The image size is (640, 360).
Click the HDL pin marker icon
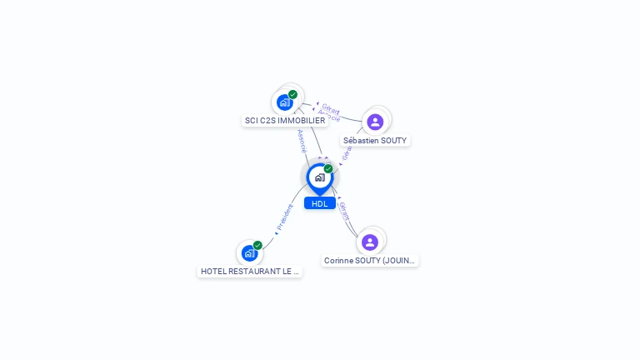(319, 177)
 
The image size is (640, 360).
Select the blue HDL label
(320, 203)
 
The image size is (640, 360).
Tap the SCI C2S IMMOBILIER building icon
(285, 102)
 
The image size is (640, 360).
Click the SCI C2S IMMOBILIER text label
(284, 121)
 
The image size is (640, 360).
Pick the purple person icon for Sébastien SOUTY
(375, 122)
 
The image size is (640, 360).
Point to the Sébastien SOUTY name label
(375, 141)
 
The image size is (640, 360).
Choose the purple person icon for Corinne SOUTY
(370, 242)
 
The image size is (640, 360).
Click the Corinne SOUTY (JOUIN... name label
(369, 261)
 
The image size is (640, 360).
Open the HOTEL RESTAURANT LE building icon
(249, 253)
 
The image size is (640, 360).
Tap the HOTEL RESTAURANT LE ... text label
(250, 272)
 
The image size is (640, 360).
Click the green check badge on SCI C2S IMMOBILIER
(293, 94)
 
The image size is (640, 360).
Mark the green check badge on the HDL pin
(328, 168)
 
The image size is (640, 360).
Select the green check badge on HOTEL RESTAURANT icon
(257, 245)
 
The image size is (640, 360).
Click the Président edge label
(284, 217)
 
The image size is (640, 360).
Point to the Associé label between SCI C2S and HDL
(301, 140)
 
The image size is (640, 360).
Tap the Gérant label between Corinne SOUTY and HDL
(345, 211)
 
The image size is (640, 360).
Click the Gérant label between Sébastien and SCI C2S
(331, 109)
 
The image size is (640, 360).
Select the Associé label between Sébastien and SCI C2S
(328, 116)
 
